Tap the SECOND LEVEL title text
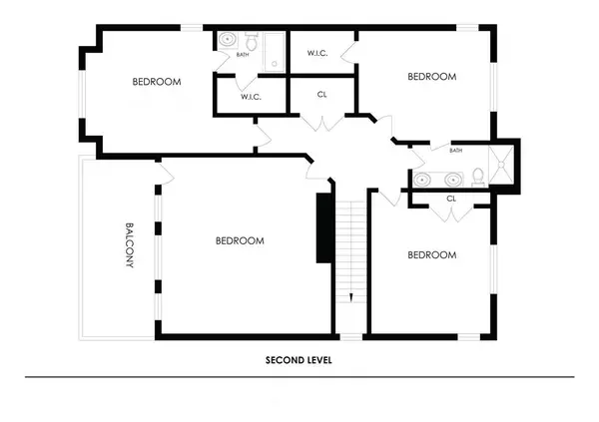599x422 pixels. point(299,360)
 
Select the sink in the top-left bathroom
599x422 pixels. point(228,42)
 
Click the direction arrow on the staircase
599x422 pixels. point(350,297)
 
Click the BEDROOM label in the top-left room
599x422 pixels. point(157,82)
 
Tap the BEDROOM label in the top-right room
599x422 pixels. point(431,77)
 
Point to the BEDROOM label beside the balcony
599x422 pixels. point(240,240)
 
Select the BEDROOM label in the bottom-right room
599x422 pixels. point(431,255)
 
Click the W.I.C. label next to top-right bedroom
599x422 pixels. point(318,53)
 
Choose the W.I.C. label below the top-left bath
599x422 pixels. point(252,98)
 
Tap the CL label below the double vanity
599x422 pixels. point(451,199)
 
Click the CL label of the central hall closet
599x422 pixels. point(321,96)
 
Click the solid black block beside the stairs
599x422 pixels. point(323,226)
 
